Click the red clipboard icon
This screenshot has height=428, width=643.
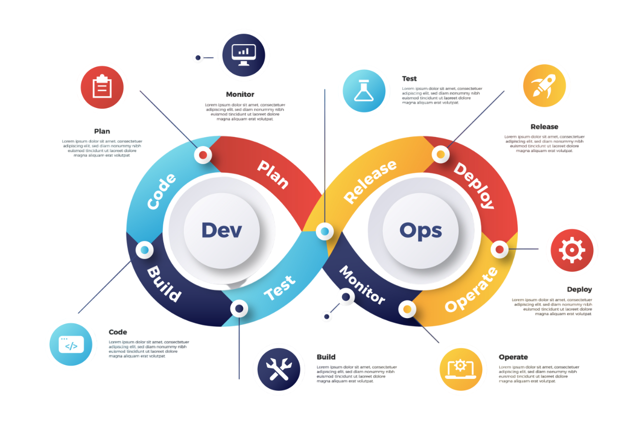(x=102, y=87)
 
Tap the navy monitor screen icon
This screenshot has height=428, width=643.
(x=244, y=55)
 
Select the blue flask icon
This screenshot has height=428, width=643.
(x=364, y=91)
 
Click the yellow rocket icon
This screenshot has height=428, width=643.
(x=544, y=85)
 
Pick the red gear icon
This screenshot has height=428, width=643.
(x=572, y=250)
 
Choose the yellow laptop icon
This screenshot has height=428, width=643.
(x=461, y=369)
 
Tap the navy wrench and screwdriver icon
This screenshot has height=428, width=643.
(x=279, y=369)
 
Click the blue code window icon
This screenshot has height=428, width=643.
(x=71, y=344)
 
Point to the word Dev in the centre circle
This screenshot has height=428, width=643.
(x=222, y=230)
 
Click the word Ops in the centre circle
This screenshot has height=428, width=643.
(x=420, y=231)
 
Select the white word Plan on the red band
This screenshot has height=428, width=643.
(x=273, y=175)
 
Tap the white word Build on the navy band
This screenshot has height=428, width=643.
(x=164, y=284)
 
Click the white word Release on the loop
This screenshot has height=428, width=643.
(x=370, y=182)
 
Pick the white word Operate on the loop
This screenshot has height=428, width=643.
(x=471, y=290)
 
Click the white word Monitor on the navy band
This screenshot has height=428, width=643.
(x=362, y=285)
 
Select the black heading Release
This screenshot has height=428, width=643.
(x=544, y=127)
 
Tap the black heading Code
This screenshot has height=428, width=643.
(x=118, y=332)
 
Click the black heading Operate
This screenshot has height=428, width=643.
(x=513, y=357)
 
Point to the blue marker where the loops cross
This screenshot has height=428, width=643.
(x=325, y=231)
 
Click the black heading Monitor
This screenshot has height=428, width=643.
(x=240, y=94)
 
